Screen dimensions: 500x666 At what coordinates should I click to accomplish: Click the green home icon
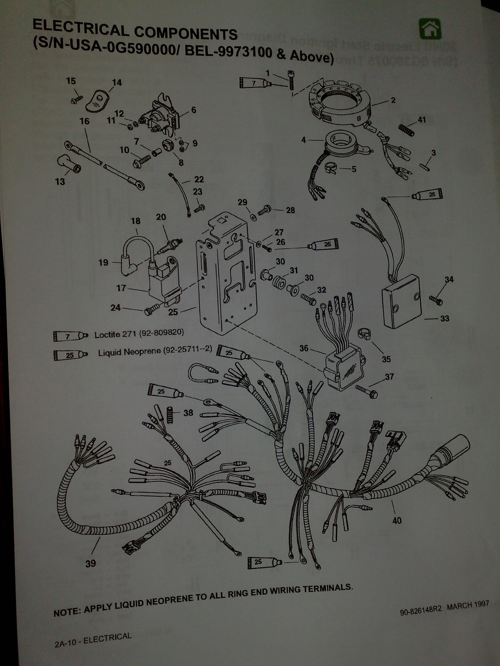[430, 28]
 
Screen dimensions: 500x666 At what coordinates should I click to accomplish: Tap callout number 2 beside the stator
[393, 100]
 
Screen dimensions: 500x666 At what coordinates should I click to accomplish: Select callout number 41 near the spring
[422, 120]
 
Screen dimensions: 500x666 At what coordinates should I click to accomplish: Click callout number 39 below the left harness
[91, 563]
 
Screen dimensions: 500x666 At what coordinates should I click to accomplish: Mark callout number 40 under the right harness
[397, 520]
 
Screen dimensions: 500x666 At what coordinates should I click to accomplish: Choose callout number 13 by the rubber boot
[60, 182]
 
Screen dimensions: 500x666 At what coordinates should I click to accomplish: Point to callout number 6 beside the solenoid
[193, 110]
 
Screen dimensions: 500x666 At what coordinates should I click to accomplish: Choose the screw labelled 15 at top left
[77, 100]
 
